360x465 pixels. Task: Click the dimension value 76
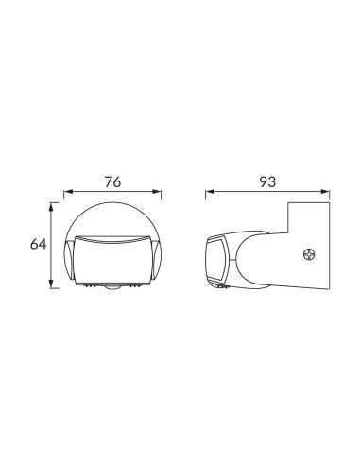point(112,182)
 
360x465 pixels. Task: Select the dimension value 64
point(38,244)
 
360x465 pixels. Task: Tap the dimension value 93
point(267,182)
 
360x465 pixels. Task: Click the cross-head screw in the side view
point(310,254)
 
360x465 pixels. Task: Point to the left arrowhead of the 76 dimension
point(68,191)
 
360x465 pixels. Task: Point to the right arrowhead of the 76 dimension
point(157,191)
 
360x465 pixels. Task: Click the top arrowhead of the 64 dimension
point(51,207)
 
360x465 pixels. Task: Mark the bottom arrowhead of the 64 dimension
point(51,284)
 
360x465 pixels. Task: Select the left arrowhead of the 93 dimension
point(210,191)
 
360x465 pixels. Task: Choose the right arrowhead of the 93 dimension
point(325,191)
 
